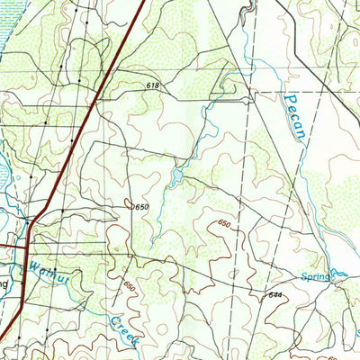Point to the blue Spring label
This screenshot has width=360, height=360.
pyautogui.click(x=315, y=278)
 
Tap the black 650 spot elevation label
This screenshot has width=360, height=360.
pyautogui.click(x=140, y=207)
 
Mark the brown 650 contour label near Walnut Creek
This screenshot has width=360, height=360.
pyautogui.click(x=131, y=286)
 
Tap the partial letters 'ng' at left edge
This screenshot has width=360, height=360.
pyautogui.click(x=4, y=282)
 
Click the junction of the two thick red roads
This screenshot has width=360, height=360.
pyautogui.click(x=27, y=244)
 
